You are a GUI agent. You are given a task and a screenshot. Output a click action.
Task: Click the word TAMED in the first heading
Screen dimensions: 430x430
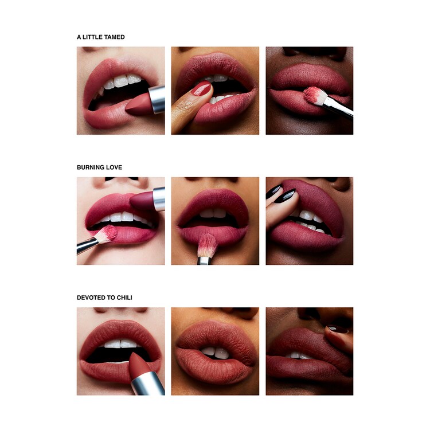pyautogui.click(x=114, y=37)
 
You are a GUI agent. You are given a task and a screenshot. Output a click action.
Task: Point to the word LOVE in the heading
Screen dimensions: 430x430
pyautogui.click(x=114, y=167)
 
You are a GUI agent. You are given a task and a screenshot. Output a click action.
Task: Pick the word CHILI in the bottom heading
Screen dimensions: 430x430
pyautogui.click(x=130, y=298)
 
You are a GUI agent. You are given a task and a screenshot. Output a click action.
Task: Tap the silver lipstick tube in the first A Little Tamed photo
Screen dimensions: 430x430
pyautogui.click(x=158, y=98)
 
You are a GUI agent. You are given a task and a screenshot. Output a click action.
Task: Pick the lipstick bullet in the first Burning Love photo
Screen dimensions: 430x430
pyautogui.click(x=143, y=201)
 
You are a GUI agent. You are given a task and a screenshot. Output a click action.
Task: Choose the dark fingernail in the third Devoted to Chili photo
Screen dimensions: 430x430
pyautogui.click(x=335, y=329)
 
